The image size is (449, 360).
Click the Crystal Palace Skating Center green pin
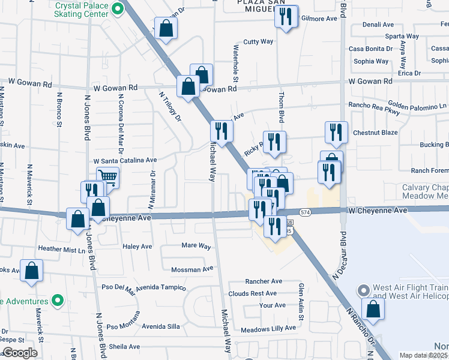[118, 8]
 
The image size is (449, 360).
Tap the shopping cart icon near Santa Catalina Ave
[107, 176]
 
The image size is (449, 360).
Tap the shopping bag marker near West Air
[373, 310]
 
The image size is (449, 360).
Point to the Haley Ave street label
[137, 247]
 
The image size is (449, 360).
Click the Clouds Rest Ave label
[252, 293]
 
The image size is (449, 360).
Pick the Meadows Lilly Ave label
[268, 328]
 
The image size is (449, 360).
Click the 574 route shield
[306, 212]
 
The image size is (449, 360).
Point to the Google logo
[20, 353]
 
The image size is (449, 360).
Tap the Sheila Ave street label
[124, 346]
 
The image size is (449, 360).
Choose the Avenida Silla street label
[160, 326]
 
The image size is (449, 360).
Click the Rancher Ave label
[264, 281]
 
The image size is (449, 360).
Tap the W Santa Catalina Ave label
[125, 161]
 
